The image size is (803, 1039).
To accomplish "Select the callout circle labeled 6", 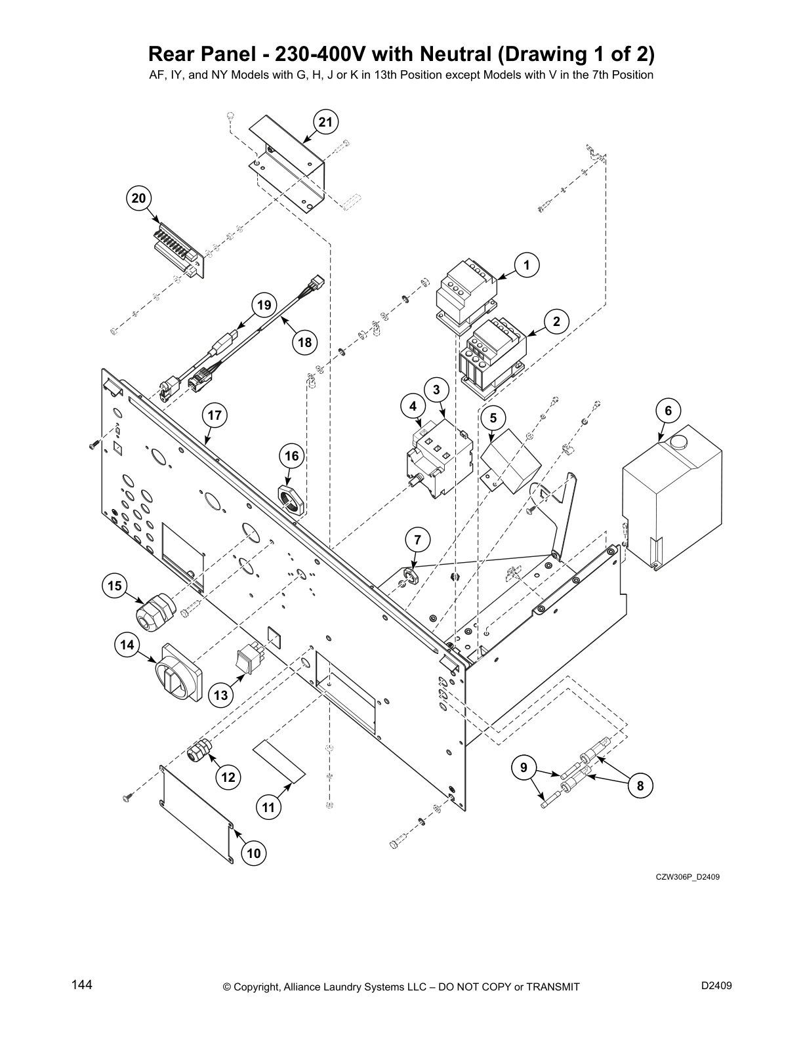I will [x=668, y=411].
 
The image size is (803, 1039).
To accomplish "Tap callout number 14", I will [x=127, y=645].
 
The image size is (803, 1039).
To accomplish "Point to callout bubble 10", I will [x=254, y=853].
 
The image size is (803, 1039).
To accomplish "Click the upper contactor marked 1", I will [x=465, y=293].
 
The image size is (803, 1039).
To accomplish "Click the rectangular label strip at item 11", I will [x=280, y=762].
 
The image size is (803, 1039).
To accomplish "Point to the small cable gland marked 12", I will [x=198, y=752].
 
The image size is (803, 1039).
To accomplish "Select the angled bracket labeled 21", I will [x=289, y=164].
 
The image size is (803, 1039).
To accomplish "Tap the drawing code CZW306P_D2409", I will [x=687, y=876].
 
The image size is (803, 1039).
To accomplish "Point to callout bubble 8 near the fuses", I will [x=640, y=785].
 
